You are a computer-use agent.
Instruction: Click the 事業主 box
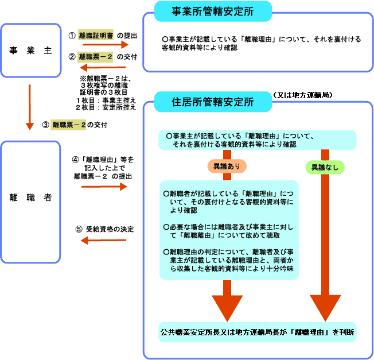point(30,51)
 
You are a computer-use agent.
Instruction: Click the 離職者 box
point(30,198)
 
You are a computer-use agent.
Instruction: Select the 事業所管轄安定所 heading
point(213,11)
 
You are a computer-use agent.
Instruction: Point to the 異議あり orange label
point(227,167)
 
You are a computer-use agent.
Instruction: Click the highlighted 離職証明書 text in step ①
point(96,36)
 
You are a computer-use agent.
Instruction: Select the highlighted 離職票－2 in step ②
point(96,56)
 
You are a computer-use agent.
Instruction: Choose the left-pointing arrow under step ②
point(103,68)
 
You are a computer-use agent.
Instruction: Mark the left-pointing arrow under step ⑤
point(103,241)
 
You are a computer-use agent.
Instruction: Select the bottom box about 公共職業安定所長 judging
point(257,332)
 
